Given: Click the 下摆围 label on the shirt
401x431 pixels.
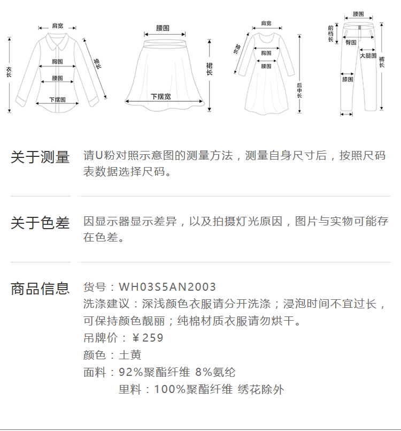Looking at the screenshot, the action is pos(57,100).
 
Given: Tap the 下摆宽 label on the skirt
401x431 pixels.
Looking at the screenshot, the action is pos(160,97).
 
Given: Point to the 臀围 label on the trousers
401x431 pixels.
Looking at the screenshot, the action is pos(351,42).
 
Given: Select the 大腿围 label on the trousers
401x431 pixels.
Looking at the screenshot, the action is pos(368,56).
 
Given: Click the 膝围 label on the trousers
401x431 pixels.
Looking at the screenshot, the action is pos(348,79).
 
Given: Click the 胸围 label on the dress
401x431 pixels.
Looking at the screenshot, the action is pos(266,53).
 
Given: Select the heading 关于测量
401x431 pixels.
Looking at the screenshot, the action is pos(40,157).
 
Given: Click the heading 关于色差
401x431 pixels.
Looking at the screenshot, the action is pos(40,223).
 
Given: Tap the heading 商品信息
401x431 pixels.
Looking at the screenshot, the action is pos(40,289).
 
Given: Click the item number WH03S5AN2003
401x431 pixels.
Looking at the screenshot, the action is pos(167,288).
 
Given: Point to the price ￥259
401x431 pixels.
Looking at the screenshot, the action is pos(148,338).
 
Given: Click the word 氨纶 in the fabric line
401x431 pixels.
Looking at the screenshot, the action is pos(224,372).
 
